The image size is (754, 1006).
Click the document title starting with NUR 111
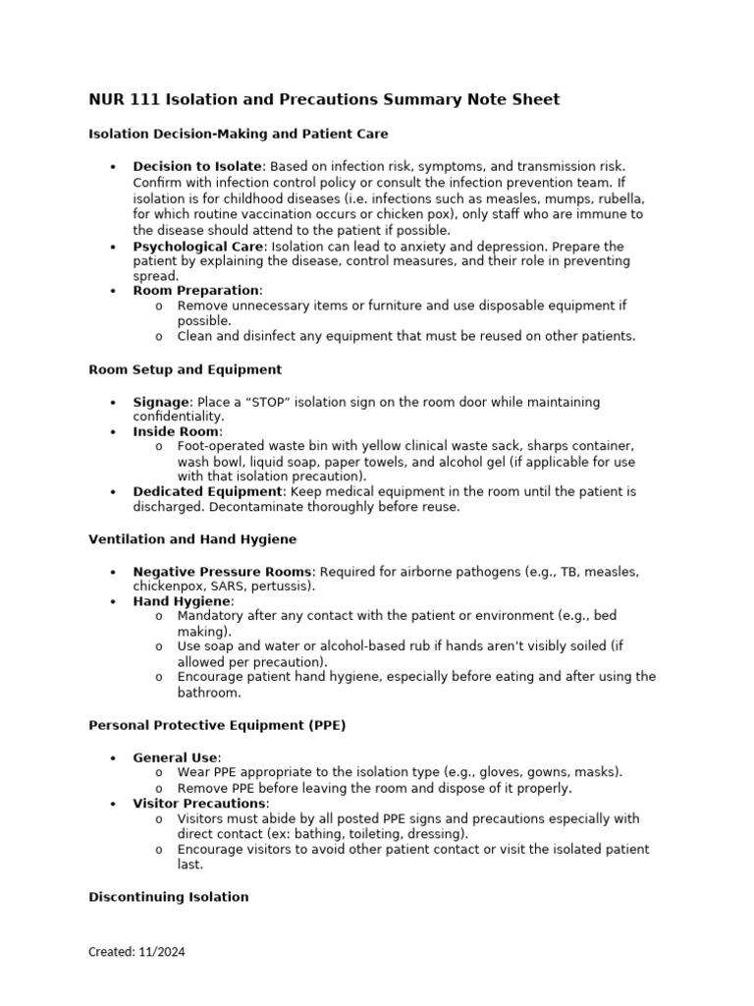click(x=324, y=99)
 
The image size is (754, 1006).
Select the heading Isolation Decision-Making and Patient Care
click(x=239, y=133)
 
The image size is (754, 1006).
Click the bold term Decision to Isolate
click(x=197, y=167)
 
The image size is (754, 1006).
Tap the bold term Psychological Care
click(x=198, y=246)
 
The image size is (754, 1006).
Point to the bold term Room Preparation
click(x=196, y=291)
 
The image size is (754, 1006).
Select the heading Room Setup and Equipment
click(x=185, y=369)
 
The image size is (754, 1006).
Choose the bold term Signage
click(x=161, y=403)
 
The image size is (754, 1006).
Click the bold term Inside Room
click(x=177, y=431)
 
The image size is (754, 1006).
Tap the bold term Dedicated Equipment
click(x=207, y=491)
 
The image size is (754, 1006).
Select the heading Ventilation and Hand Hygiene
click(x=192, y=539)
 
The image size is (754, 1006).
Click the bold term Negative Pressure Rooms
click(x=223, y=572)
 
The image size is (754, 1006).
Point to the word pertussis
click(x=283, y=587)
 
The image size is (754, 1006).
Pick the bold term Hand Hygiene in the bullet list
click(x=182, y=600)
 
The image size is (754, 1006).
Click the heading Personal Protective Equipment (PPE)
click(x=217, y=726)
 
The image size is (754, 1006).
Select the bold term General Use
click(x=176, y=757)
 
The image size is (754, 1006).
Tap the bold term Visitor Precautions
click(x=200, y=804)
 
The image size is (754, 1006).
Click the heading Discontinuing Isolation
click(x=168, y=897)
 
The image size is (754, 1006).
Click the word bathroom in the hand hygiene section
click(x=207, y=693)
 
